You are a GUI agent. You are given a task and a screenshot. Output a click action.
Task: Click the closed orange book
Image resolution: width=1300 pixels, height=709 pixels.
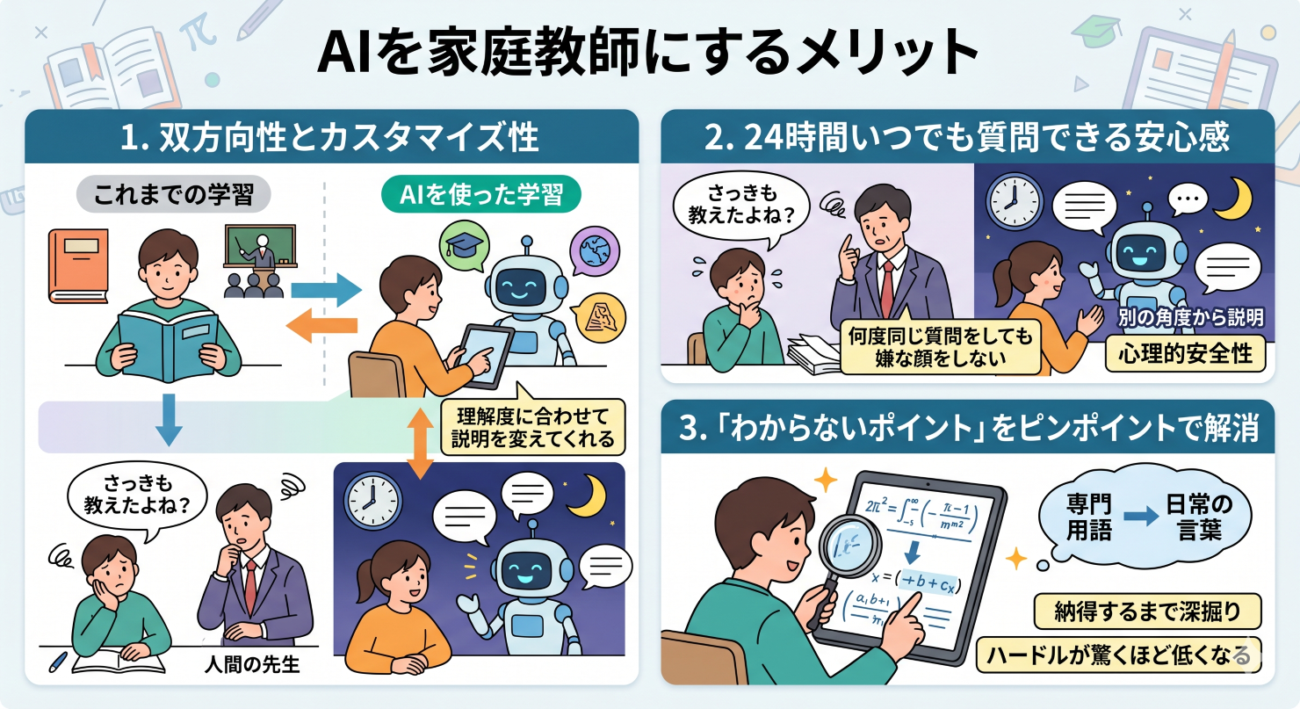coord(78,264)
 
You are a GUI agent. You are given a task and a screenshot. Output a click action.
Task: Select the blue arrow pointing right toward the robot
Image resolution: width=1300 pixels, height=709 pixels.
coord(324,288)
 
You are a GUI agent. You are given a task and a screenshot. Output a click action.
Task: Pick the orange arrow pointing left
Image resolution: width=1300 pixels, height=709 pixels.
coord(322,329)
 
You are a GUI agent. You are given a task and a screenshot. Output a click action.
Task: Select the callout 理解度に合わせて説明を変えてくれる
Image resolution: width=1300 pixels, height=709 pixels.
coord(535,424)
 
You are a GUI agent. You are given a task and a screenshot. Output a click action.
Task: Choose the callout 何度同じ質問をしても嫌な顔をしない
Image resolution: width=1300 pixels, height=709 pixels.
coord(939,346)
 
